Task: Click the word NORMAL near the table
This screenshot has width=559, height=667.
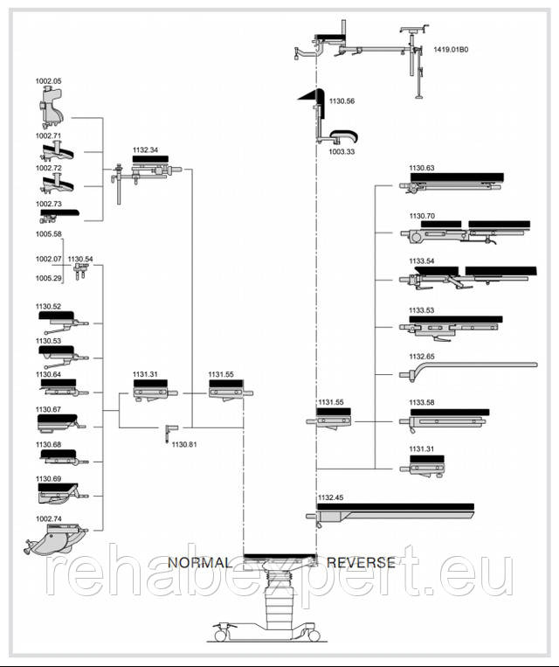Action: (x=200, y=562)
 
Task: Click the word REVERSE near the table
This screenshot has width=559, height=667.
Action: (x=361, y=562)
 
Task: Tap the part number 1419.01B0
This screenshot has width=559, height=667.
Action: (x=451, y=50)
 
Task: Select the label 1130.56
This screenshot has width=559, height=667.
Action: (x=342, y=101)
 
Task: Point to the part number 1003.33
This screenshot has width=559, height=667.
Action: (x=342, y=151)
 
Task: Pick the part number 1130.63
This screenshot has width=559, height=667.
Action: (x=422, y=168)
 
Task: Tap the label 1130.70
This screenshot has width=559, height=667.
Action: (x=422, y=215)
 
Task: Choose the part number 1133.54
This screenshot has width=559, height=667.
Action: (x=422, y=261)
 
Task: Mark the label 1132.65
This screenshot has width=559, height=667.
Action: (x=422, y=356)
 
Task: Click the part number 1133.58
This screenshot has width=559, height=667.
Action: (x=422, y=403)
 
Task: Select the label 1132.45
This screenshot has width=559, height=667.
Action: (x=331, y=497)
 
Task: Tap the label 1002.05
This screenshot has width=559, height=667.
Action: (x=49, y=81)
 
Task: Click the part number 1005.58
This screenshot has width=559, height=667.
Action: (x=49, y=234)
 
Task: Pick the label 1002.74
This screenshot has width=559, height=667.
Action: (x=49, y=519)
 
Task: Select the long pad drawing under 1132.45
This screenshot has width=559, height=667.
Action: (x=393, y=511)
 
